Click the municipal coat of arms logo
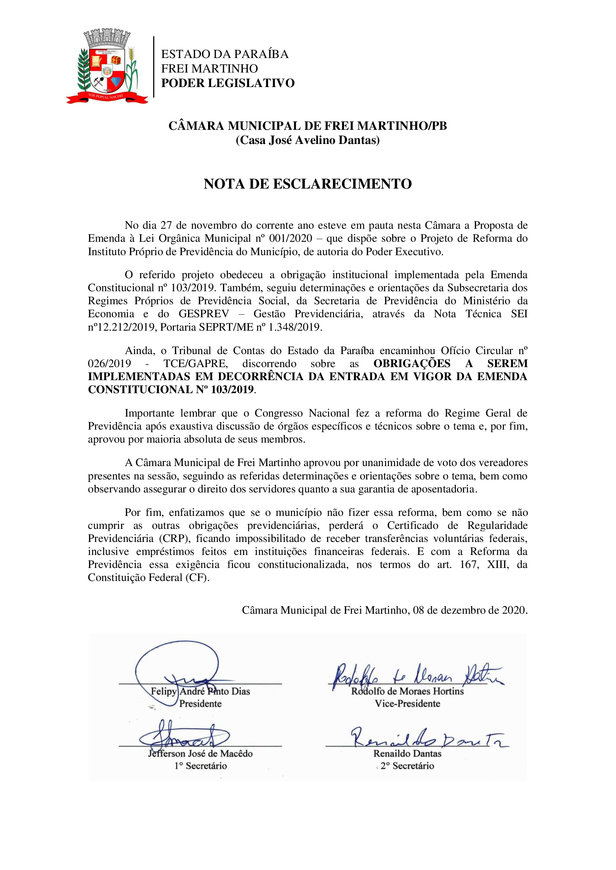pos(107,66)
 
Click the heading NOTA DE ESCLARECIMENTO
pos(308,184)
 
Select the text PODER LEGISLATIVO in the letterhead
pos(228,83)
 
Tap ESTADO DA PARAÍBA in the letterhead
pos(225,54)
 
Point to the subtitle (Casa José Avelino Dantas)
pos(308,140)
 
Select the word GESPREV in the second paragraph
pos(204,314)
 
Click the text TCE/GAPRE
pos(196,363)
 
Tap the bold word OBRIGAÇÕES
pos(412,363)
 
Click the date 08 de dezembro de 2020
pos(470,610)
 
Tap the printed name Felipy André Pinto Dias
pos(200,691)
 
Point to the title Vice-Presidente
pos(407,704)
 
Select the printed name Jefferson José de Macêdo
pos(200,753)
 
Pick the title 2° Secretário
pos(407,766)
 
